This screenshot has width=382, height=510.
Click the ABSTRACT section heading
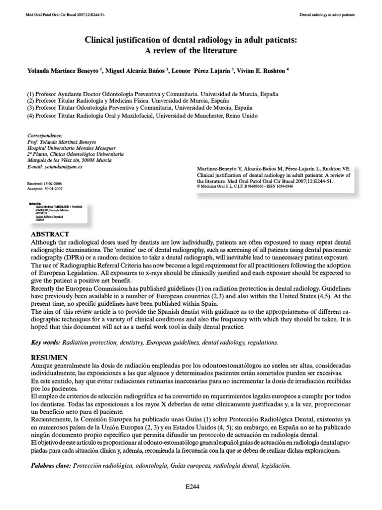pyautogui.click(x=50, y=234)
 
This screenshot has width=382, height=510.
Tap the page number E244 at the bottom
pyautogui.click(x=191, y=487)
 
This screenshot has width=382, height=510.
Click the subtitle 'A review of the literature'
pyautogui.click(x=191, y=50)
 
